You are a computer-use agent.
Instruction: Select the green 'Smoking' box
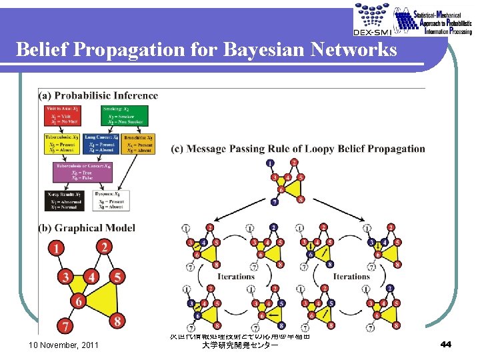click(125, 115)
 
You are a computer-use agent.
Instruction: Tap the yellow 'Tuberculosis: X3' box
click(64, 145)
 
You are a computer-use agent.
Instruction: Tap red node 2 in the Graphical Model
click(104, 247)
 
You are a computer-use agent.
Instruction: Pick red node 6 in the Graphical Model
click(79, 301)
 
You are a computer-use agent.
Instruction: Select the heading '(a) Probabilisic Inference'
click(99, 95)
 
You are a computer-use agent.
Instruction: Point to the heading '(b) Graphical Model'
click(87, 228)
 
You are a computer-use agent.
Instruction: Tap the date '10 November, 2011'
click(63, 345)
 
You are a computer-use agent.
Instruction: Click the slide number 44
click(446, 344)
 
